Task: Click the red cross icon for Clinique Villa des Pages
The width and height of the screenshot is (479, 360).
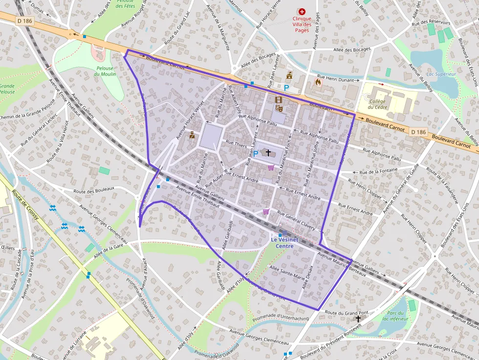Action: [x=302, y=11]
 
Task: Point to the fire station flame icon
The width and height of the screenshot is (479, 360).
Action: [x=319, y=83]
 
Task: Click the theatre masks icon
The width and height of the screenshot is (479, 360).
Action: [x=279, y=108]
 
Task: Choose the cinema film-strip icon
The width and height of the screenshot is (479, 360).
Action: [x=279, y=100]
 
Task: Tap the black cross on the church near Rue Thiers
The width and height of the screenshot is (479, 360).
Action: [x=268, y=152]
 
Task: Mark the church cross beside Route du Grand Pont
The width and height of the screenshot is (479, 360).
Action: [x=358, y=318]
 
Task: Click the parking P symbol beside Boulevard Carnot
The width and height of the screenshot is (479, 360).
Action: [x=286, y=87]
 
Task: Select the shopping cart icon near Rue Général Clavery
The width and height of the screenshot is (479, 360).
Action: [x=266, y=212]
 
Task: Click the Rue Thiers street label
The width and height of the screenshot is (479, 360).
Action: [x=236, y=144]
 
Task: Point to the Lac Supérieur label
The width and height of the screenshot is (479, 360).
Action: [x=441, y=74]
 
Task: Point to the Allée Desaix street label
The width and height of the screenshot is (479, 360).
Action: [x=307, y=277]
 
